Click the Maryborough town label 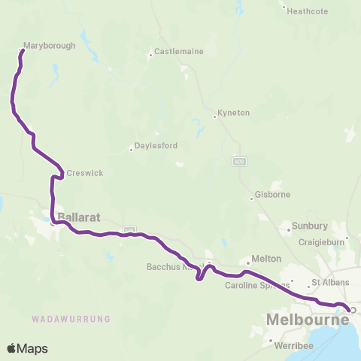coord(50,45)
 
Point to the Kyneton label coord(233,113)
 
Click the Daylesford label coord(156,146)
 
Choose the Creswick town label coord(84,173)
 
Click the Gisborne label coord(273,195)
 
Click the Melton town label coord(269,258)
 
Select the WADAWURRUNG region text coord(71,319)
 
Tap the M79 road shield coord(239,162)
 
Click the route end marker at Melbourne coord(352,309)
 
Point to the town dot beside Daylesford coord(132,149)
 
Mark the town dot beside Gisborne coord(252,199)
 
